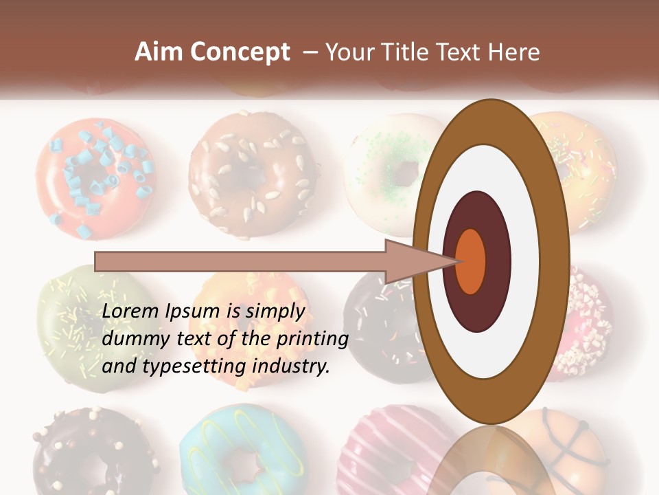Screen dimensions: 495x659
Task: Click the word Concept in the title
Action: click(240, 52)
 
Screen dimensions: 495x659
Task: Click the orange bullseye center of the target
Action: click(471, 261)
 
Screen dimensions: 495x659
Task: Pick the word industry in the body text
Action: click(291, 366)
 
